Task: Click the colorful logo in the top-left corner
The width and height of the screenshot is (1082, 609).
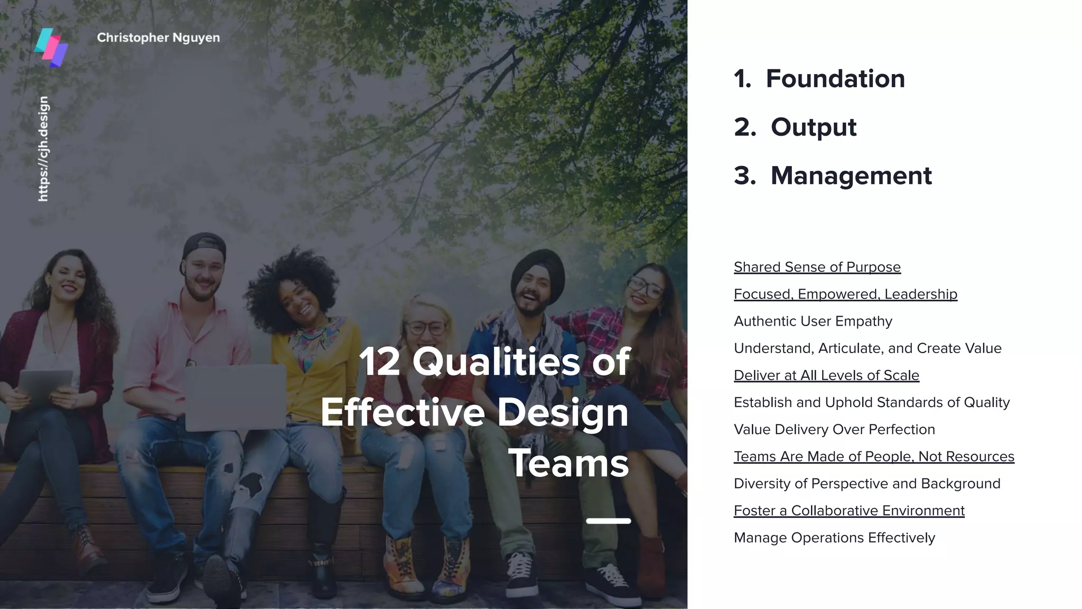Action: pyautogui.click(x=51, y=48)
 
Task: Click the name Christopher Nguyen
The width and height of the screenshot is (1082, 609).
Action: pyautogui.click(x=158, y=38)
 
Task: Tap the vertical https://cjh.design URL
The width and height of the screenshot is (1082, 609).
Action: pyautogui.click(x=43, y=149)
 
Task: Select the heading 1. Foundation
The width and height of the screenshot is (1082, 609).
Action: pyautogui.click(x=819, y=79)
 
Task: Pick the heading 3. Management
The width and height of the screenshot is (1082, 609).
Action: pyautogui.click(x=833, y=176)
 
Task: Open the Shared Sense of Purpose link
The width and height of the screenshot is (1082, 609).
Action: pyautogui.click(x=817, y=267)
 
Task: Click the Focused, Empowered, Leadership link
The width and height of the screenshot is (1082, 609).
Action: pyautogui.click(x=845, y=294)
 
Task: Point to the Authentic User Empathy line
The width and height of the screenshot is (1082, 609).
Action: pyautogui.click(x=813, y=321)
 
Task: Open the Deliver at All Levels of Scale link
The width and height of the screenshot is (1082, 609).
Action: pyautogui.click(x=826, y=375)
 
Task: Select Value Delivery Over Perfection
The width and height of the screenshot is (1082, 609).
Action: pyautogui.click(x=834, y=429)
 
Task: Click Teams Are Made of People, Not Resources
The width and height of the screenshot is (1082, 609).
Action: pyautogui.click(x=874, y=456)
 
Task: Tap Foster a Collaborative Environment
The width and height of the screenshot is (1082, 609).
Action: pyautogui.click(x=849, y=511)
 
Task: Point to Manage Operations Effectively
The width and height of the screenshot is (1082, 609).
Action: pyautogui.click(x=834, y=538)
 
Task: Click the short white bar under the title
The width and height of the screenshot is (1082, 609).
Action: pyautogui.click(x=608, y=521)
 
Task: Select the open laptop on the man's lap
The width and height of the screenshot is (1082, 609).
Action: pyautogui.click(x=235, y=396)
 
